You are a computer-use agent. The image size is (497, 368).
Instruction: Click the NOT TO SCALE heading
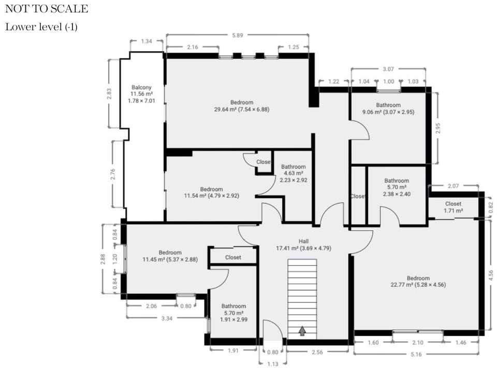point(47,9)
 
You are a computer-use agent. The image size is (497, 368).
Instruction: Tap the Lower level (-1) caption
point(41,27)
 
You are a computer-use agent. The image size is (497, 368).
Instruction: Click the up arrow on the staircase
point(302,331)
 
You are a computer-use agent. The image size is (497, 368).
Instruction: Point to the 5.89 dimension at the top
point(238,35)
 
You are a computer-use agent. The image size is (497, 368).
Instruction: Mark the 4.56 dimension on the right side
point(491,275)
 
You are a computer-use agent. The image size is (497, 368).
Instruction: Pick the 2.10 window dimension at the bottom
point(418,342)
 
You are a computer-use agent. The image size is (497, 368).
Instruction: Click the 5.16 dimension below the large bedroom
point(416,355)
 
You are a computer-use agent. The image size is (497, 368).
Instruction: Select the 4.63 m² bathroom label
point(294,173)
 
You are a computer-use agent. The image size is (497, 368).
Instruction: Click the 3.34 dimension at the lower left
point(167,318)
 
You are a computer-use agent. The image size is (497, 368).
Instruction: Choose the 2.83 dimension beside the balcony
point(109,94)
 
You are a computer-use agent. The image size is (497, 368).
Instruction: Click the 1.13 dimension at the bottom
point(273,364)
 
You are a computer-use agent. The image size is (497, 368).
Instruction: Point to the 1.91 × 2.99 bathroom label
point(233,319)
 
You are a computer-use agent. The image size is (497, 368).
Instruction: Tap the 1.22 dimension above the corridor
point(334,81)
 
